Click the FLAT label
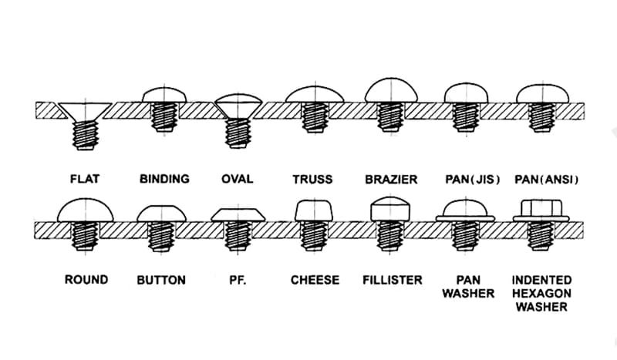(x=86, y=179)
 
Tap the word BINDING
(x=164, y=179)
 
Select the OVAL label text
(x=237, y=179)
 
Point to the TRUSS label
(x=312, y=179)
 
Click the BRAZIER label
(x=391, y=179)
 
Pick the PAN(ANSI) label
(x=545, y=179)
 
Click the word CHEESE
(x=315, y=280)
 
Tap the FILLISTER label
(x=393, y=280)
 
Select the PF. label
(x=237, y=280)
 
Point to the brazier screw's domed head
(x=392, y=91)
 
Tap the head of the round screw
(x=86, y=208)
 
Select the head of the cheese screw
(x=314, y=210)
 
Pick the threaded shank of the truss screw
(x=314, y=118)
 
